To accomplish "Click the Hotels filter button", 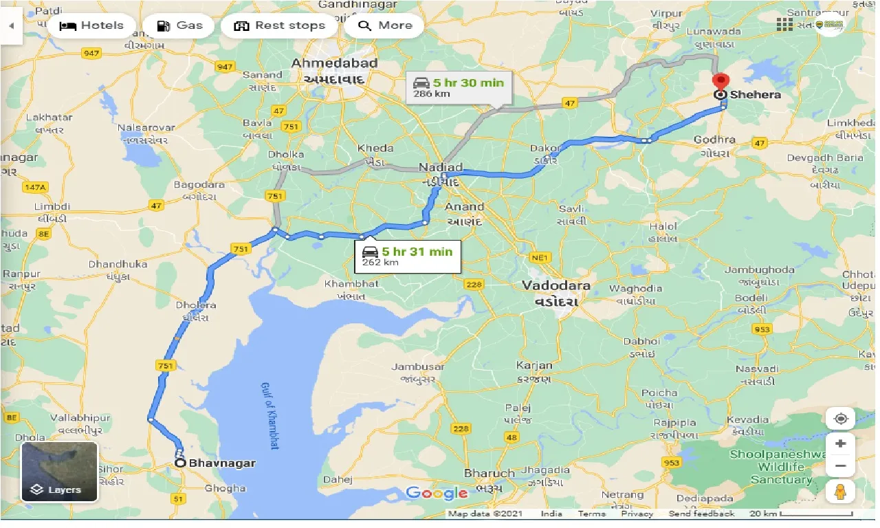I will coord(91,26).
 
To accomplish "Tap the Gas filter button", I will coord(179,26).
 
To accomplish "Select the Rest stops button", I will coord(279,26).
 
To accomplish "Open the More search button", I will coord(385,26).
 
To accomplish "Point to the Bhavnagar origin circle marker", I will coord(180,463).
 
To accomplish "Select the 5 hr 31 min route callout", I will coord(408,256).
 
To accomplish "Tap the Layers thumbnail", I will coord(60,472).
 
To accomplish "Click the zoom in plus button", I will coord(840,443).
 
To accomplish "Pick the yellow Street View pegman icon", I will coord(840,492).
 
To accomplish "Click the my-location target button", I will coord(840,418).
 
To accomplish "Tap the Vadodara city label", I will coord(555,285).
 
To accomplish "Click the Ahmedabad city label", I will coord(335,63).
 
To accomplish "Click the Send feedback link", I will coord(701,514).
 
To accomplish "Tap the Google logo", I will coord(437,492).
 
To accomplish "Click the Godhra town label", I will coord(715,140).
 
